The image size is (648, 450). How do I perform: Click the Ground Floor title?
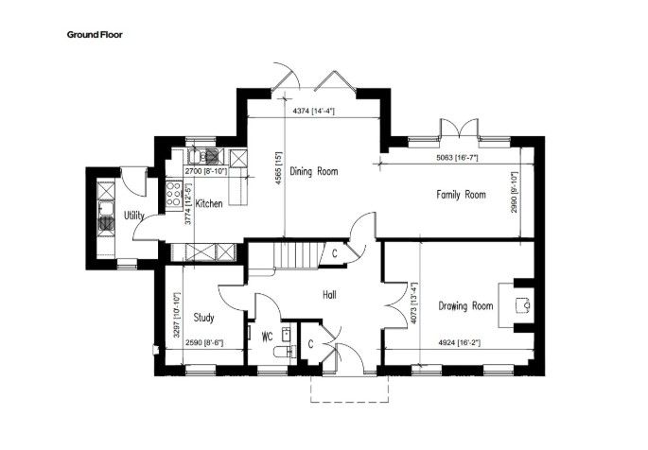95,35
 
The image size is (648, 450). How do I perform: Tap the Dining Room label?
314,171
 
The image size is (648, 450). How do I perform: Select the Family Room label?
462,194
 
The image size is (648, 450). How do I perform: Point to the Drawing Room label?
465,306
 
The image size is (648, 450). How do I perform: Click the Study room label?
204,318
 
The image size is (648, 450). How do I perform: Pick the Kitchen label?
209,203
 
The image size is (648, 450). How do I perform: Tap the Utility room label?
134,216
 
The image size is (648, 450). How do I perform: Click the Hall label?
329,295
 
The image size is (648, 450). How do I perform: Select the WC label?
268,337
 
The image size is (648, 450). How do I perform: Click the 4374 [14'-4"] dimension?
314,111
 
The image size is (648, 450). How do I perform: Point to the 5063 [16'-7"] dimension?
458,157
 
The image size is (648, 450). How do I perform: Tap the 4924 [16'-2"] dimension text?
459,342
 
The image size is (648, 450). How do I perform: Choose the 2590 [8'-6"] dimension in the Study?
204,342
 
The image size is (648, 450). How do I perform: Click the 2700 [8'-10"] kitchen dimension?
206,171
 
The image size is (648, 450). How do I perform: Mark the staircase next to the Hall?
298,255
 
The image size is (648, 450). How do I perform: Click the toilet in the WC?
283,352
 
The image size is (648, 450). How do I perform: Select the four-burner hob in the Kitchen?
173,193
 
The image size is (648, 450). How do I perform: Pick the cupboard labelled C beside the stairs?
334,253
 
